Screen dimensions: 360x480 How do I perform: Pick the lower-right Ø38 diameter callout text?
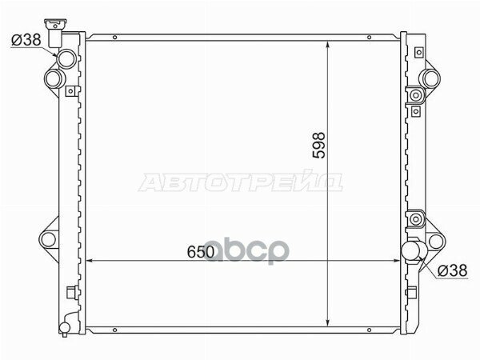click(x=454, y=271)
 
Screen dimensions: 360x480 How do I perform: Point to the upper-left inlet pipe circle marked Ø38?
click(x=65, y=58)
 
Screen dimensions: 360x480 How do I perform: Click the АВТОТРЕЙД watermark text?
click(x=241, y=183)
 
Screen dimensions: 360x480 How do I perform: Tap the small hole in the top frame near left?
click(x=115, y=38)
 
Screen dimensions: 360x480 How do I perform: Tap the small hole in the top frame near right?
click(x=367, y=38)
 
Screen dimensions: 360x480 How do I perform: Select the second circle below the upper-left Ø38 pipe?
click(x=54, y=78)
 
